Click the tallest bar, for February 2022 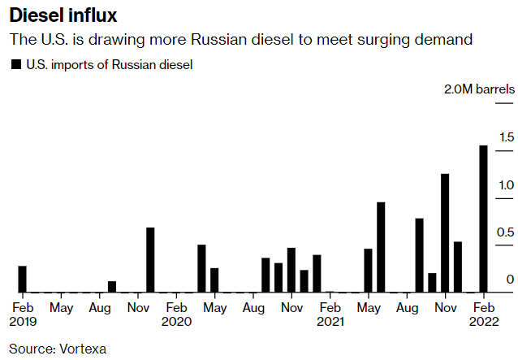click(x=483, y=219)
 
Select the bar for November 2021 click(x=445, y=232)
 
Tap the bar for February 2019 click(x=22, y=279)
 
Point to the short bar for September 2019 click(x=112, y=287)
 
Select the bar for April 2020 click(x=201, y=268)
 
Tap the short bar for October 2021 click(x=432, y=282)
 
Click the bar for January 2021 click(x=317, y=273)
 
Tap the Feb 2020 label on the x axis click(x=176, y=314)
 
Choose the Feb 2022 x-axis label click(x=484, y=314)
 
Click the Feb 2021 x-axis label click(x=330, y=314)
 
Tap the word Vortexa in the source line click(x=81, y=349)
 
